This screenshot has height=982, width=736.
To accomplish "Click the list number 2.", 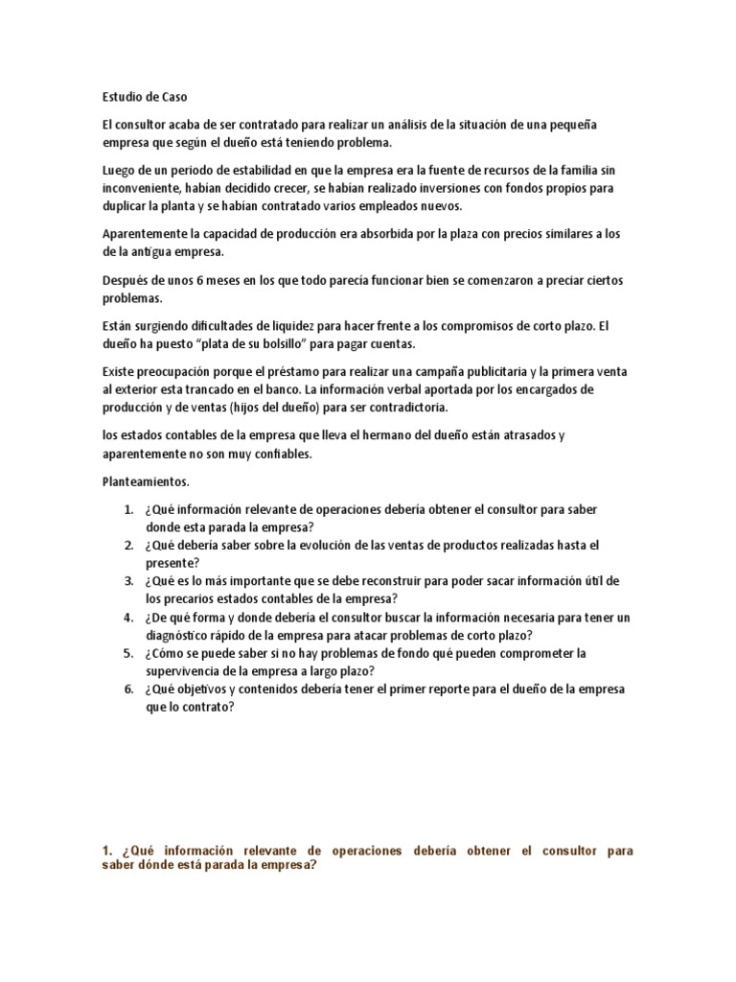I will [126, 545].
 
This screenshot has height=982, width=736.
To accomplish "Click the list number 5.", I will [126, 653].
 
